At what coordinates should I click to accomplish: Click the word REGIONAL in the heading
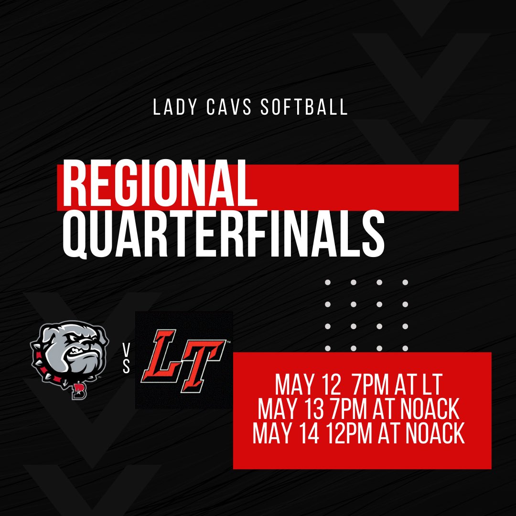157,183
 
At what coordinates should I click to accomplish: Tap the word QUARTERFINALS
224,235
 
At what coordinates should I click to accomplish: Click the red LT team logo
184,360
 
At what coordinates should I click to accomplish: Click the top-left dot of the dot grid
328,282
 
